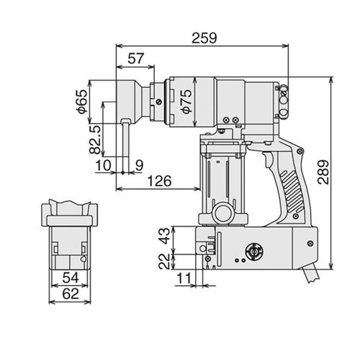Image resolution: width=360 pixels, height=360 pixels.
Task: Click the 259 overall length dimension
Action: point(204,38)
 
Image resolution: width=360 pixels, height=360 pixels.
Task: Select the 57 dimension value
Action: point(136,58)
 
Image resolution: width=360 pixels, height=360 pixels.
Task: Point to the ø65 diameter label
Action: point(82,102)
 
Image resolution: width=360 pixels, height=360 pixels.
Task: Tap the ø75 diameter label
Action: point(186,101)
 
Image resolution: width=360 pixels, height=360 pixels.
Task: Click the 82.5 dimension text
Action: point(95,140)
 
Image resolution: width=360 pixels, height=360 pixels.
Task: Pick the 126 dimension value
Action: point(160,181)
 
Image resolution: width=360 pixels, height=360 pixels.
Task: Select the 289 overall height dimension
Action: point(323,172)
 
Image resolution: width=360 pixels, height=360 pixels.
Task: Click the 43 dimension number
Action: point(165,236)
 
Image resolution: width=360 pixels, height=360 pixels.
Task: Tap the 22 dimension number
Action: point(165,261)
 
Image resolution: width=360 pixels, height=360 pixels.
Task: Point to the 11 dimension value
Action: point(184,279)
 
